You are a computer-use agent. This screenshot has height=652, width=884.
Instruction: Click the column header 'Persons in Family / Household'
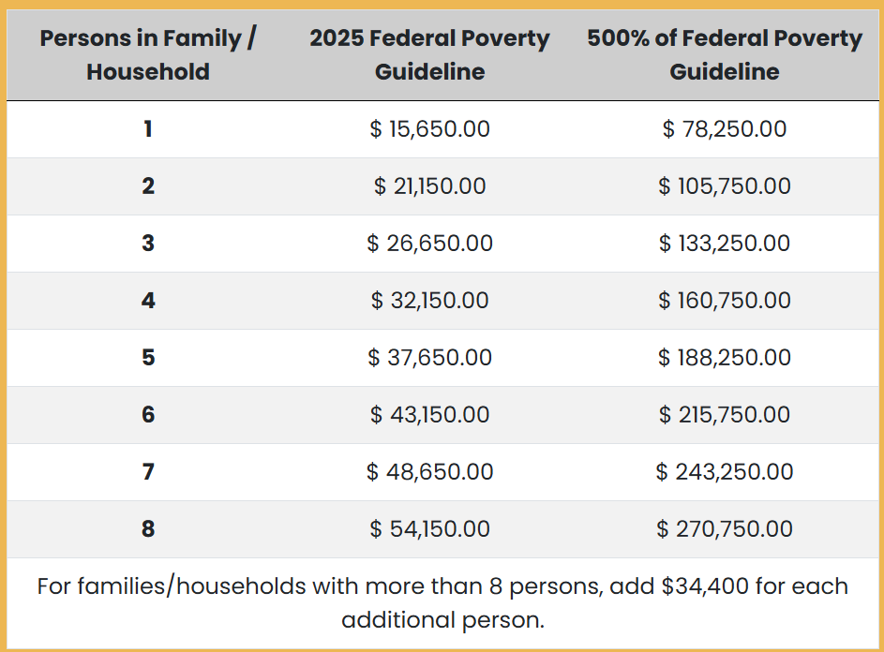148,54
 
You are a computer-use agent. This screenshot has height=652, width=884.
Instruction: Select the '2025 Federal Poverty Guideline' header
429,54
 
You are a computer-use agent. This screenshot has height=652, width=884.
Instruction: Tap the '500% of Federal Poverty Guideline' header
725,54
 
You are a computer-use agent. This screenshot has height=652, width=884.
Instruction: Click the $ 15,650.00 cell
429,129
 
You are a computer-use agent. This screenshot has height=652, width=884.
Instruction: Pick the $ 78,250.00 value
725,129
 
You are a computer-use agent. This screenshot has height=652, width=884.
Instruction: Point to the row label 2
148,186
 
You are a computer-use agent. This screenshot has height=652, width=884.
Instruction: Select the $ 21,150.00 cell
429,186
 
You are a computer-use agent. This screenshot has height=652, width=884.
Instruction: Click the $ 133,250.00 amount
725,244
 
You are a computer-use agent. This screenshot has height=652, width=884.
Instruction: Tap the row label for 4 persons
148,301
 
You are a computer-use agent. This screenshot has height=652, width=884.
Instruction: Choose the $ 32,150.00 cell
429,301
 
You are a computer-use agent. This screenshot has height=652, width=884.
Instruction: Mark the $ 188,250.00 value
725,357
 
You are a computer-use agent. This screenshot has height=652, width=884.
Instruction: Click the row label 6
148,415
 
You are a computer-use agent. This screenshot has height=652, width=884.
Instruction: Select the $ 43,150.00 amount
429,415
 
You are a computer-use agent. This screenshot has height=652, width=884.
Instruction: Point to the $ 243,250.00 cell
725,472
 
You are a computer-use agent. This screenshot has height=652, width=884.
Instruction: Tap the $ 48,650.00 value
429,472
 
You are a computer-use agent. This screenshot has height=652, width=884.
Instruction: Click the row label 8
148,529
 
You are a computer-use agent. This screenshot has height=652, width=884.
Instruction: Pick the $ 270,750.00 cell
725,529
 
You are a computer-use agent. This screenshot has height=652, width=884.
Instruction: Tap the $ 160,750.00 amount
725,301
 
